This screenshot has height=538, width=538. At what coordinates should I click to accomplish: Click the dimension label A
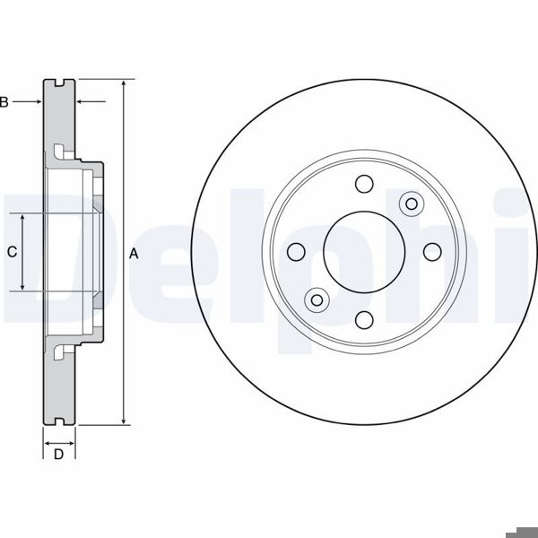(x=134, y=253)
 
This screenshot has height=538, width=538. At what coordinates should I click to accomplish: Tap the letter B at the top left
(x=4, y=102)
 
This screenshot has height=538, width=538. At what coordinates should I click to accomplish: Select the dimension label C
(x=12, y=253)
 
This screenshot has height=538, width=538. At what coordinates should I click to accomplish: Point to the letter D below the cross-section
(x=58, y=454)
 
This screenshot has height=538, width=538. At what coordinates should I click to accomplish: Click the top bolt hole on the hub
(x=363, y=184)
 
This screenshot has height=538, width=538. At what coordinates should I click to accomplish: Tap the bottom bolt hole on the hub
(x=363, y=320)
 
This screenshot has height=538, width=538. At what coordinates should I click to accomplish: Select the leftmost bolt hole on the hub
(x=295, y=252)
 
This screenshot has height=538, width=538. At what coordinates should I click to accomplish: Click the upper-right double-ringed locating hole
(x=412, y=204)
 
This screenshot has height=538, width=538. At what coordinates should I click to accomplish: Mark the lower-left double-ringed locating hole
(x=316, y=299)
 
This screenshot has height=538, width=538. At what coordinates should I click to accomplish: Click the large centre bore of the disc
(x=363, y=252)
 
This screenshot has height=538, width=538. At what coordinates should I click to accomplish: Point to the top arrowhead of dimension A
(x=123, y=83)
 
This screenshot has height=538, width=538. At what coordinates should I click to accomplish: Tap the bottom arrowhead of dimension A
(x=123, y=421)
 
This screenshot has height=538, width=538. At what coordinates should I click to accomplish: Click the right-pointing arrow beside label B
(x=38, y=102)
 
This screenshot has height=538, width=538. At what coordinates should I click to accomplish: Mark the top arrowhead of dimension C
(x=23, y=218)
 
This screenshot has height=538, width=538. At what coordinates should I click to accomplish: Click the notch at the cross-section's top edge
(x=60, y=83)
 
